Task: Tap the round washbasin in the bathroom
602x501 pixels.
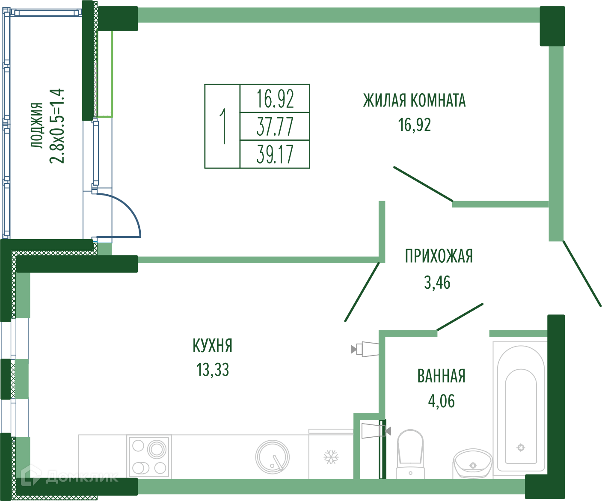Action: pos(472,463)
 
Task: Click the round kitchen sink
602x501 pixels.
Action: pos(272,457)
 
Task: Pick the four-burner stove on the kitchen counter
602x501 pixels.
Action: pos(149,457)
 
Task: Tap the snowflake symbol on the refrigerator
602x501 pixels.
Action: pos(330,457)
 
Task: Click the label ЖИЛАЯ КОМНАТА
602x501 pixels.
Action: pos(414,101)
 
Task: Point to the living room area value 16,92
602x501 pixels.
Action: pos(414,125)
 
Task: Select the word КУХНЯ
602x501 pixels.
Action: pos(213,346)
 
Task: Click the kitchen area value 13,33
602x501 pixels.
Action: pos(213,370)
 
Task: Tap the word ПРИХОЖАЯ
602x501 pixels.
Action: pos(439,256)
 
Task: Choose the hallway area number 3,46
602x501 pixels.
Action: pos(437,282)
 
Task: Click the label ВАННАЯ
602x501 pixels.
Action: pos(441,376)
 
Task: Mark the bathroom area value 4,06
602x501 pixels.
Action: pos(441,401)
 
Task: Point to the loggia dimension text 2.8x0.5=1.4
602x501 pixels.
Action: pos(57,126)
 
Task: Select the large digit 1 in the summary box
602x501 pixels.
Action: pos(222,126)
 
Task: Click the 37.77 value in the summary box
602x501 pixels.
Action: pos(275,127)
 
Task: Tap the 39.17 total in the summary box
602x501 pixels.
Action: pos(275,154)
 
